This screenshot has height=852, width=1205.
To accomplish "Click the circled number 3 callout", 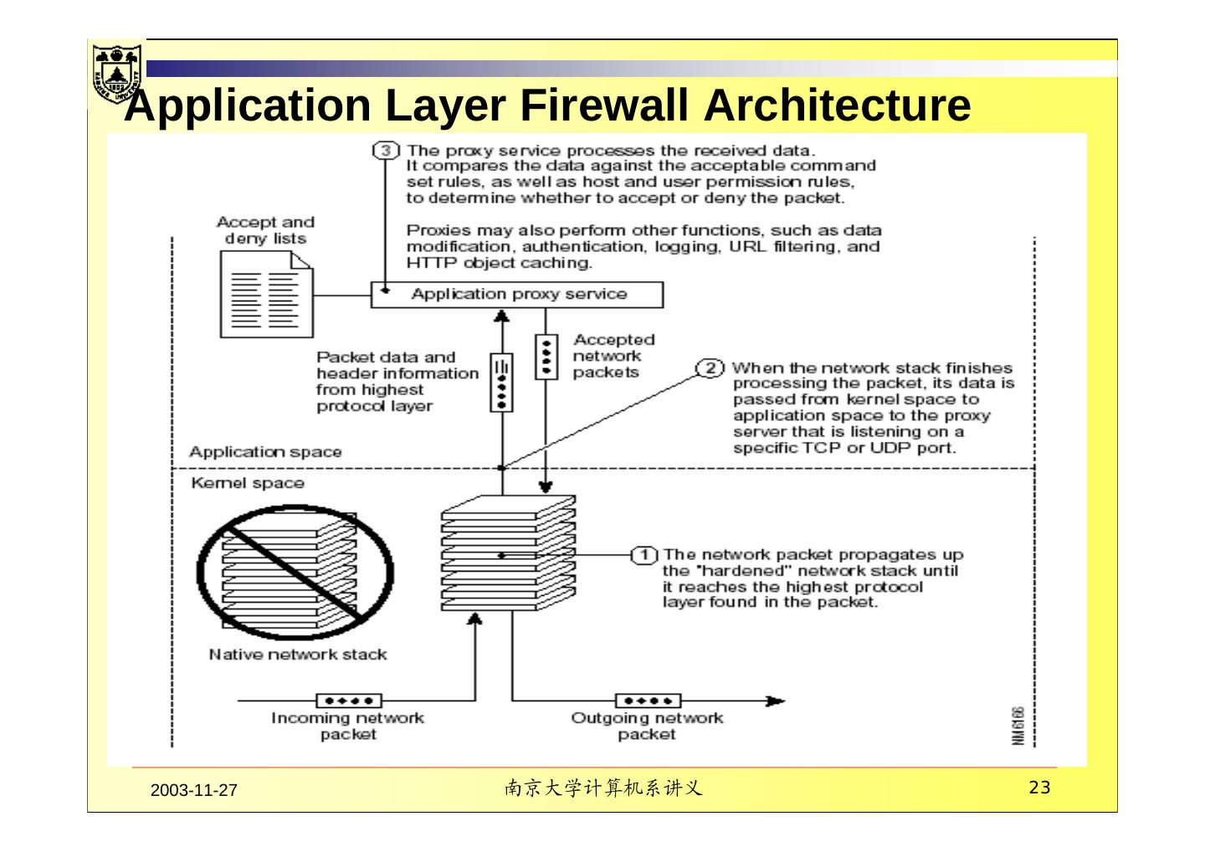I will tap(385, 151).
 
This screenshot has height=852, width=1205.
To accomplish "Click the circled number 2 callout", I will tap(710, 368).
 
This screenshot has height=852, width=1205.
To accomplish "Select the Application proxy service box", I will tap(517, 295).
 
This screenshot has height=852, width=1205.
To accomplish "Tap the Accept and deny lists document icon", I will tap(265, 295).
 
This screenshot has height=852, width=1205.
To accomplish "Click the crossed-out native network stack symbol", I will tap(295, 569).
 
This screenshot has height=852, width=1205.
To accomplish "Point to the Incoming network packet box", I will tap(348, 701).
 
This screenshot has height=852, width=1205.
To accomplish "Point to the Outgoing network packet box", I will tap(648, 701).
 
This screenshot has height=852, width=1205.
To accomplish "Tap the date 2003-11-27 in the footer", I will tap(194, 791).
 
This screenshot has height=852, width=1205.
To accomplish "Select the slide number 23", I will tap(1038, 788).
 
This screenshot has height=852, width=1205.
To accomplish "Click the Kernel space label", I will tap(248, 483).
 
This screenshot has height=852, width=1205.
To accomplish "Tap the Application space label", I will tap(265, 452).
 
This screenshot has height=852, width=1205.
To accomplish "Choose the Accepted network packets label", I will tap(613, 356).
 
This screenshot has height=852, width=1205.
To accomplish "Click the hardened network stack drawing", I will tap(508, 552).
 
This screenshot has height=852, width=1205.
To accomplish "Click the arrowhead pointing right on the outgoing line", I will tap(776, 701).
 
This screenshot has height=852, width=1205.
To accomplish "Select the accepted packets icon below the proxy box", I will tap(546, 357).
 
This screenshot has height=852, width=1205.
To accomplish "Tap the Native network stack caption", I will tap(298, 654).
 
